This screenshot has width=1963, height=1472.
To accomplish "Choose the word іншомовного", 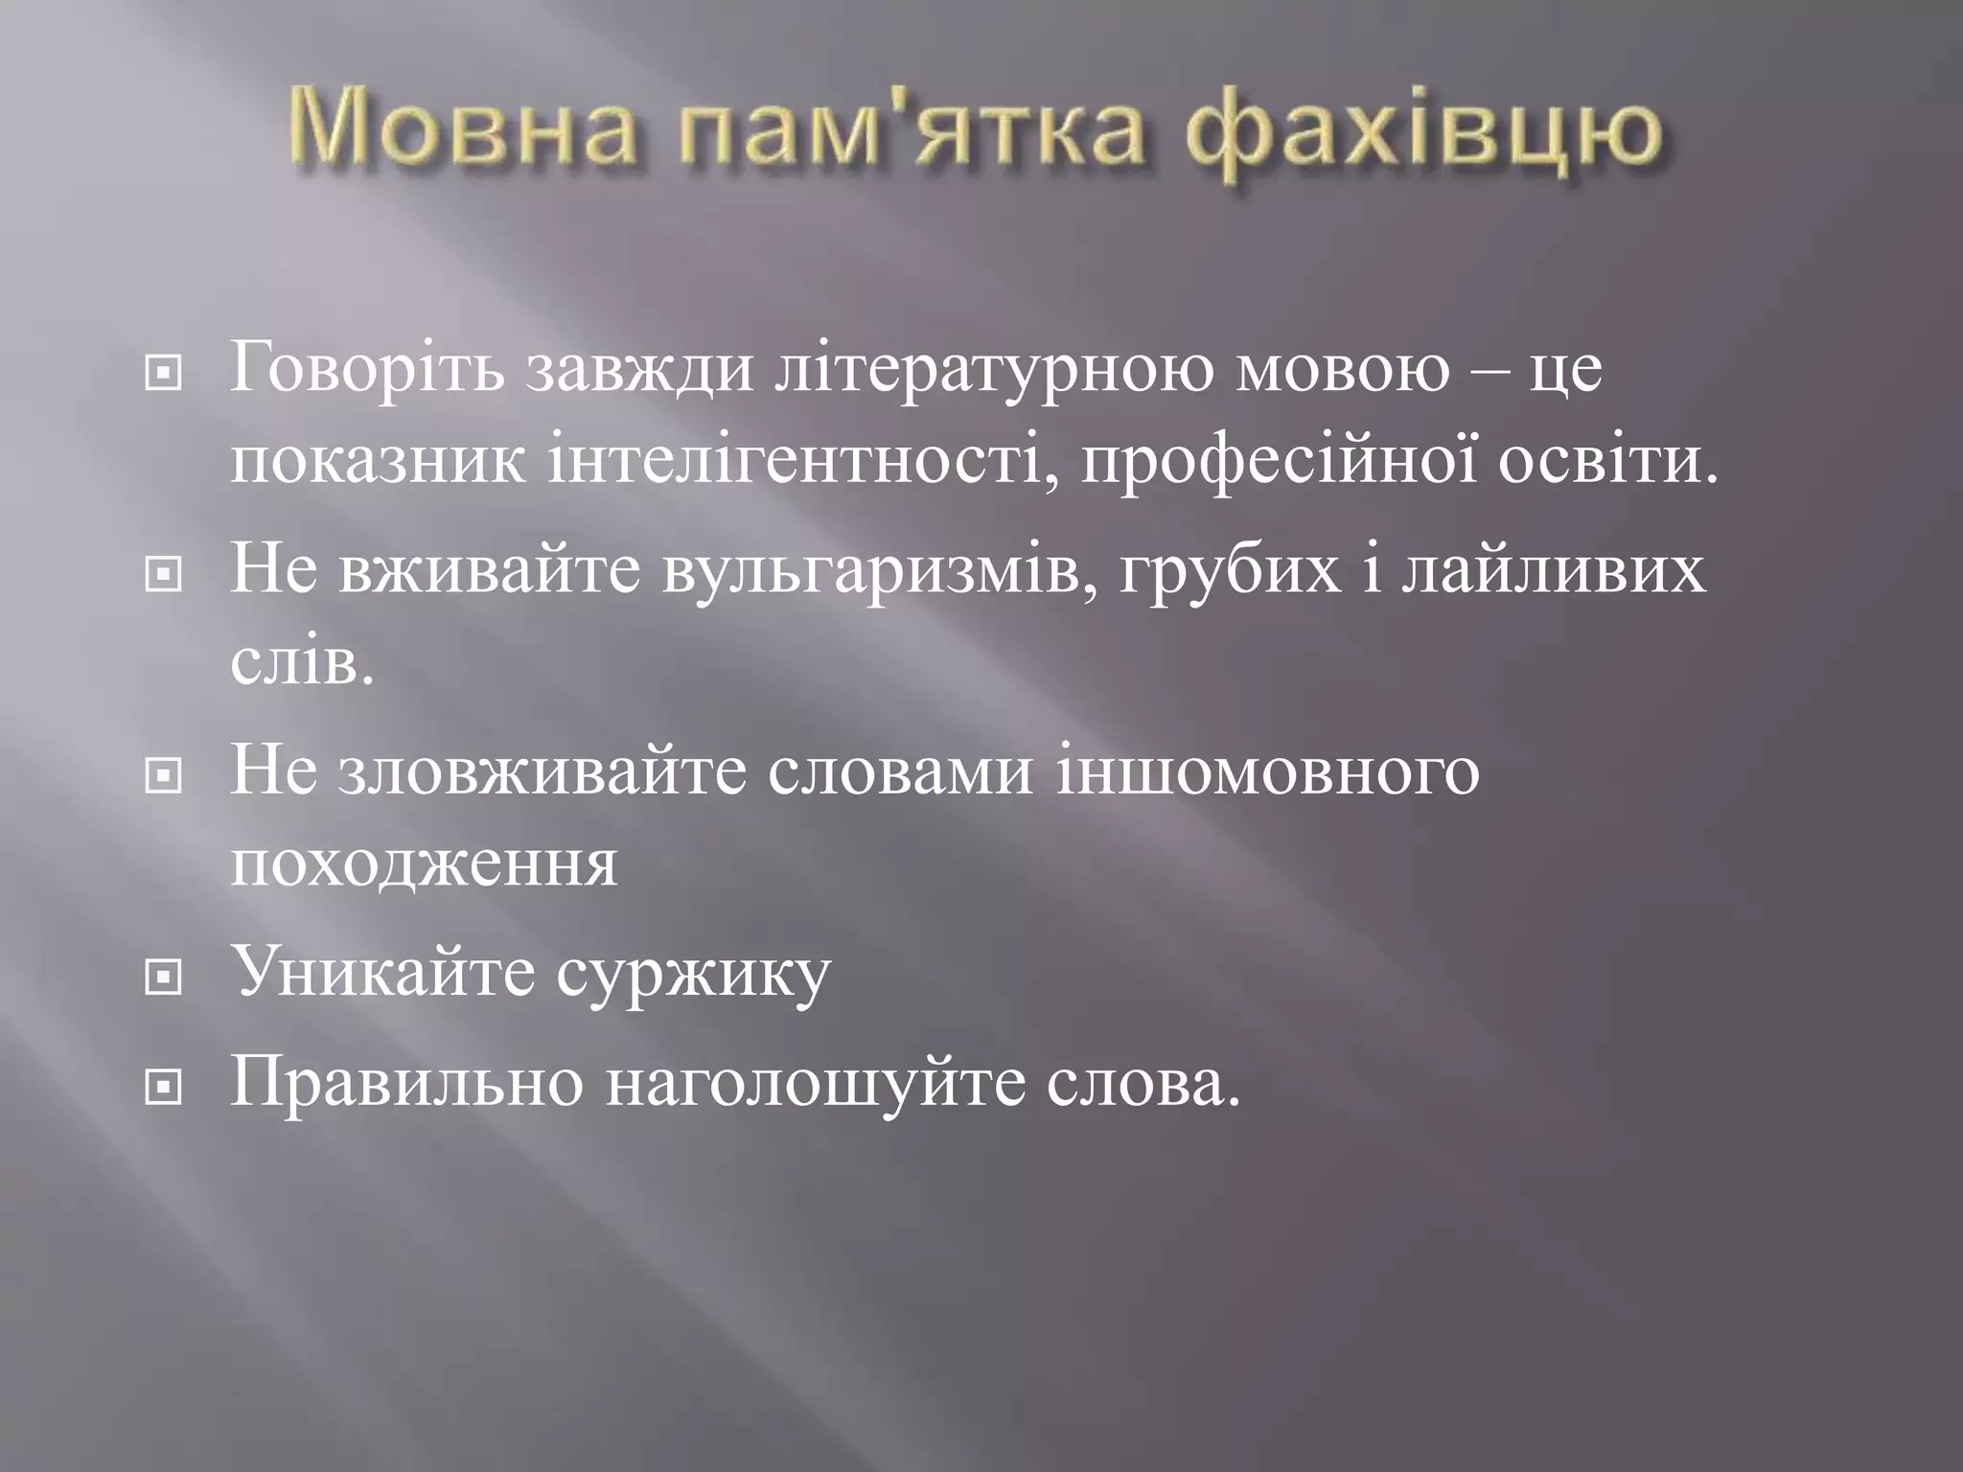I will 1268,771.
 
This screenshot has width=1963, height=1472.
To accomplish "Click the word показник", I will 378,463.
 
